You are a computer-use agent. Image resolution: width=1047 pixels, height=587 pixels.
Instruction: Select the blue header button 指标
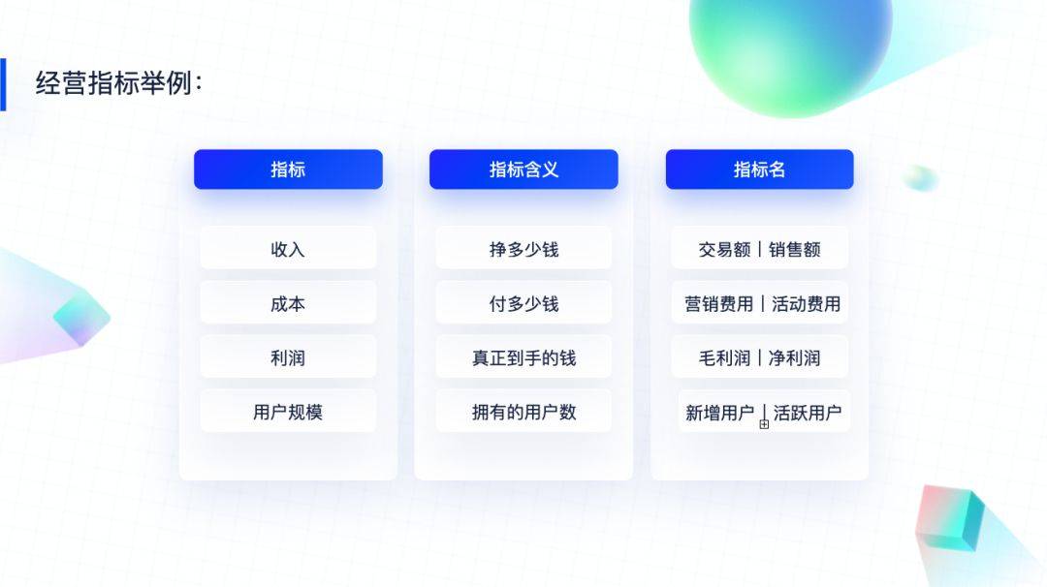click(x=288, y=170)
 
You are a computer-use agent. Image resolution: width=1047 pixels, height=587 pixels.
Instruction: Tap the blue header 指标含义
click(x=523, y=170)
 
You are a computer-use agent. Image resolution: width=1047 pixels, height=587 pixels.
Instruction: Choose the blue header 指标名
click(x=759, y=170)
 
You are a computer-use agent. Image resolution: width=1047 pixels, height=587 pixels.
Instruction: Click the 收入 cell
click(x=288, y=249)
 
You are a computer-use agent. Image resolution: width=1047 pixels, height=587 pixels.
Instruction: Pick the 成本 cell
click(x=288, y=303)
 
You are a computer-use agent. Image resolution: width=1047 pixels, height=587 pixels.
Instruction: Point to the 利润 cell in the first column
click(x=288, y=357)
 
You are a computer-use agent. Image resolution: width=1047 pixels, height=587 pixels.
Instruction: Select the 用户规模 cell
click(x=288, y=412)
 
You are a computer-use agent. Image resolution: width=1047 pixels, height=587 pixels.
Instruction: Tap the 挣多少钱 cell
click(x=523, y=249)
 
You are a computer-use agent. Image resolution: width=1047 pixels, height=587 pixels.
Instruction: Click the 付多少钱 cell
click(x=523, y=303)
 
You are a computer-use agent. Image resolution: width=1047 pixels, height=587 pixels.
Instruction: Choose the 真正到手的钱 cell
click(x=523, y=357)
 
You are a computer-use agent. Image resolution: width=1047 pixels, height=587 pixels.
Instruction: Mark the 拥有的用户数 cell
click(x=523, y=412)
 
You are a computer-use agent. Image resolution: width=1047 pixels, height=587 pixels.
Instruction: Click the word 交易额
click(x=724, y=250)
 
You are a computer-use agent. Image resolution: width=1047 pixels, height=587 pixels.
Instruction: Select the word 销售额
click(x=795, y=250)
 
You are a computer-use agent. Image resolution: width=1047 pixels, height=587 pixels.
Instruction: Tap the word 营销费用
click(x=718, y=304)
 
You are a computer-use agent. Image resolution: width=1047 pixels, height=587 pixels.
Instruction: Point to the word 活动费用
click(x=806, y=304)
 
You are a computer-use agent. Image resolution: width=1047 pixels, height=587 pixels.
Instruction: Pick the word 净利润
click(x=795, y=358)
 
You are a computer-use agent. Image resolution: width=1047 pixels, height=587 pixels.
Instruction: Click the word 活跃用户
click(x=808, y=413)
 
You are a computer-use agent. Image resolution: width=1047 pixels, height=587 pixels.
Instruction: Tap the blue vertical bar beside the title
click(x=3, y=84)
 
